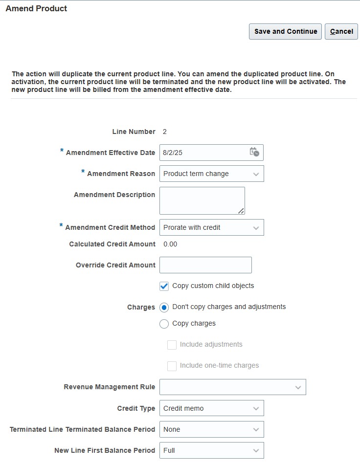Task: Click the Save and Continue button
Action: coord(285,31)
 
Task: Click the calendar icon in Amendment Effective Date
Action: coord(254,152)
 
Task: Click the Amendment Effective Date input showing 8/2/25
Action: coord(203,153)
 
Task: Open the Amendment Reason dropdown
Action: coord(211,174)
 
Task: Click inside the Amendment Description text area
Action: coord(202,200)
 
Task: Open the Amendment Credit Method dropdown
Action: coord(211,227)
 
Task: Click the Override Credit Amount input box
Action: coord(205,265)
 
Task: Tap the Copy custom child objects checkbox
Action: coord(164,286)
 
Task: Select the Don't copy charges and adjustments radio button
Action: coord(164,308)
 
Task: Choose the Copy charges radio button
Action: coord(164,324)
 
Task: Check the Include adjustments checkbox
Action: coord(172,345)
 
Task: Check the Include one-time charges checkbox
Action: coord(172,366)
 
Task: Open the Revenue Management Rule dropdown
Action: coord(232,387)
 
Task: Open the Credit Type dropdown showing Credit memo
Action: coord(211,408)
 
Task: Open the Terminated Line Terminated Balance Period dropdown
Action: coord(211,429)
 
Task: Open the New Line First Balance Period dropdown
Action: coord(211,450)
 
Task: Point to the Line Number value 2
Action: coord(165,132)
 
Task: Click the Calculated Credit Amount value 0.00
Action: coord(170,244)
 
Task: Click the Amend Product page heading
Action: coord(36,8)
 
